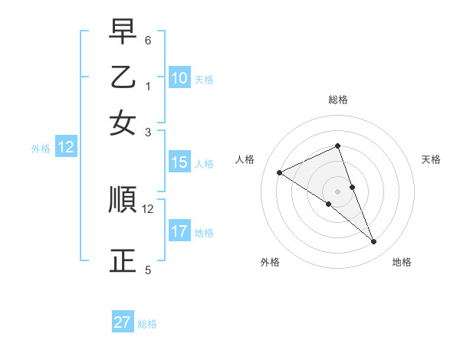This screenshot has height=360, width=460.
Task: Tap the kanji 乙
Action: pos(123,77)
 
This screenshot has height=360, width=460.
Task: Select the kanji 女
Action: pos(123,123)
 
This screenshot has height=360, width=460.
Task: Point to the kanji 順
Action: pos(123,200)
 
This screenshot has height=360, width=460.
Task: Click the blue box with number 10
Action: pos(179,78)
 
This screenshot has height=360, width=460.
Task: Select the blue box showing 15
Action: pos(179,162)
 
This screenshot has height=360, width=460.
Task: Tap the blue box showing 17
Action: pos(179,231)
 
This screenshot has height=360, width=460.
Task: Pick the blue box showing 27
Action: pos(123,322)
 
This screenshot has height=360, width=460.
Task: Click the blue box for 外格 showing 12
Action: pos(66,148)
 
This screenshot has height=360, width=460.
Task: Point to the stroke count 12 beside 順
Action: pos(148,208)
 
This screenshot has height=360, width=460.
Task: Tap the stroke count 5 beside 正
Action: pos(148,270)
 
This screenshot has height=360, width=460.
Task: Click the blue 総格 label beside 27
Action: pos(147,324)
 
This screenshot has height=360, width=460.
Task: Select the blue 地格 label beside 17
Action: pos(204,233)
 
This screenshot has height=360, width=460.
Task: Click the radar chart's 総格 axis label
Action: pos(338,100)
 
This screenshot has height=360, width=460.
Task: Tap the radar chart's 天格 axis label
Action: pos(432,159)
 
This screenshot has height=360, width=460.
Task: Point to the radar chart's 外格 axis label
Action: pos(271,262)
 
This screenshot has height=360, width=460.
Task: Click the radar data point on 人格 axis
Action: pos(279,172)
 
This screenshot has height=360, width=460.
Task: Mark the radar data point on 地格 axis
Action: pos(374,242)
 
